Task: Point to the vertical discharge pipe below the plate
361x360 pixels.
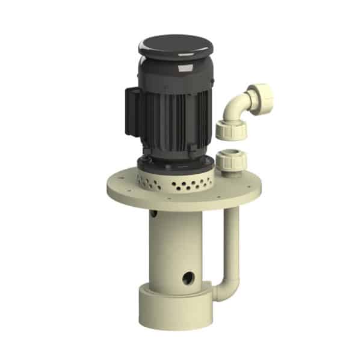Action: coord(232,240)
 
